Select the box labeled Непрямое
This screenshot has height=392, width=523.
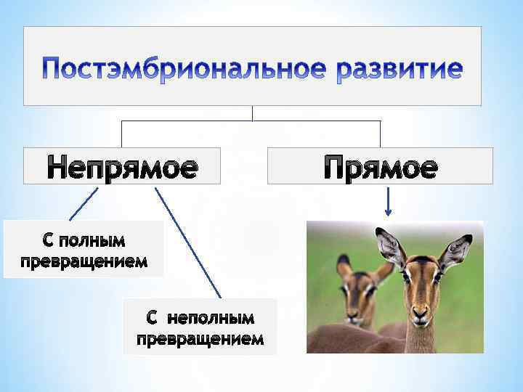(122, 166)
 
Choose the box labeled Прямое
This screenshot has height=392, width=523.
(380, 166)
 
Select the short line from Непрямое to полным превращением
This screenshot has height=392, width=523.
(84, 204)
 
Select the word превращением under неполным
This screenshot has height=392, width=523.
(200, 339)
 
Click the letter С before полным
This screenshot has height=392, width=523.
(44, 240)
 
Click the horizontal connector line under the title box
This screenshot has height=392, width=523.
(251, 121)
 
